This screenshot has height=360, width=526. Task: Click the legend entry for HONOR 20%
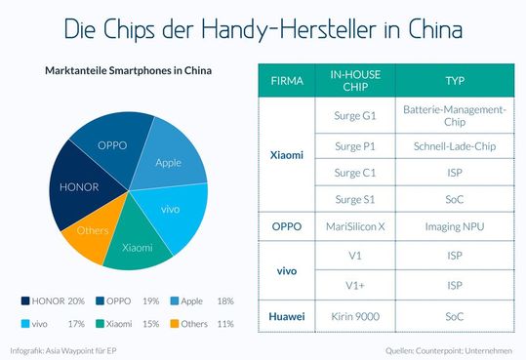pyautogui.click(x=59, y=300)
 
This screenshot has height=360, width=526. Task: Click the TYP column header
pyautogui.click(x=454, y=80)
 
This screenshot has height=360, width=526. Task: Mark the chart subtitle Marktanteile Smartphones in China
pyautogui.click(x=128, y=71)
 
